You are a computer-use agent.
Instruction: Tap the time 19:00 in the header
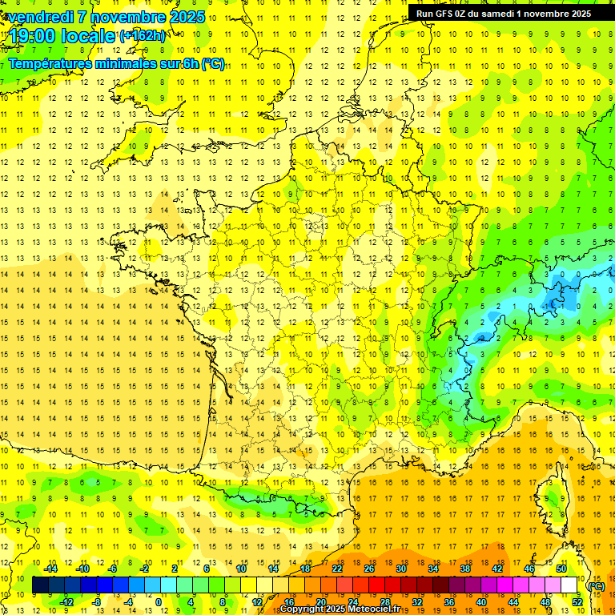point(33,36)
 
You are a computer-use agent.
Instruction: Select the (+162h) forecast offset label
point(143,36)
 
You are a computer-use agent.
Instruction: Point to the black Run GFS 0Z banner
point(503,13)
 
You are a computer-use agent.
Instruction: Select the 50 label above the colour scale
point(561,569)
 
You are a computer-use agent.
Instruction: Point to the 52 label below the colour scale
point(577,602)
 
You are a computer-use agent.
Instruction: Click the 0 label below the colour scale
point(158,602)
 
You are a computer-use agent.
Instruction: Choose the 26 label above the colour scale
point(369,569)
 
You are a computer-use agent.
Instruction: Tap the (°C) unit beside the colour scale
point(596,586)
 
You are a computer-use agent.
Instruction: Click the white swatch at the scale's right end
point(569,585)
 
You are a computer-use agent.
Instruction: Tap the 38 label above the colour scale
point(465,569)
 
